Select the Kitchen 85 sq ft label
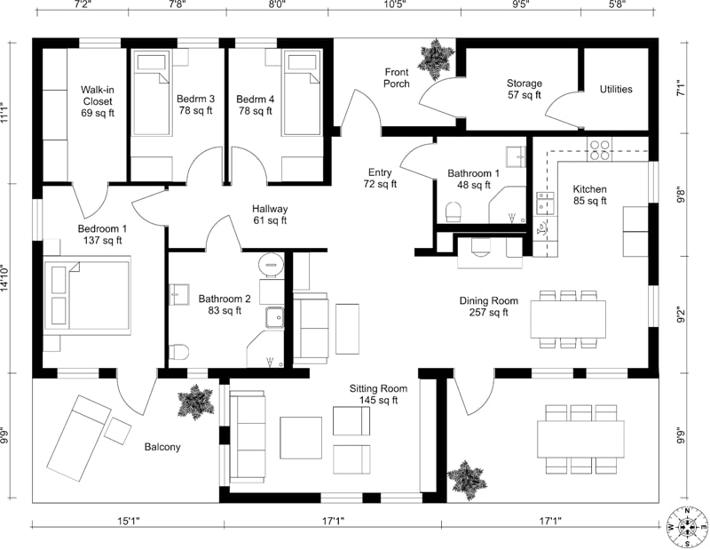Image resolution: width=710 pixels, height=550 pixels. point(589,195)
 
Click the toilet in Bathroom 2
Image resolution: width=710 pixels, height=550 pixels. point(177,350)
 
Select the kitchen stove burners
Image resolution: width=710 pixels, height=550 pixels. point(599,146)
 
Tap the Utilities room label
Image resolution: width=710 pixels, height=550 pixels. point(615,89)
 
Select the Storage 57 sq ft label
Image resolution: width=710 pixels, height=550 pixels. point(525,89)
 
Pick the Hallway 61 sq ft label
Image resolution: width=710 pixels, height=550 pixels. point(270,214)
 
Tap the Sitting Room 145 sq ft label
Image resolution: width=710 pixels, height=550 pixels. point(378,395)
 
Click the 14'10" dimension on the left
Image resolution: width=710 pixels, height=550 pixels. point(6,276)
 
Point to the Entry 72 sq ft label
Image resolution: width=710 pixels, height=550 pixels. point(380,178)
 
